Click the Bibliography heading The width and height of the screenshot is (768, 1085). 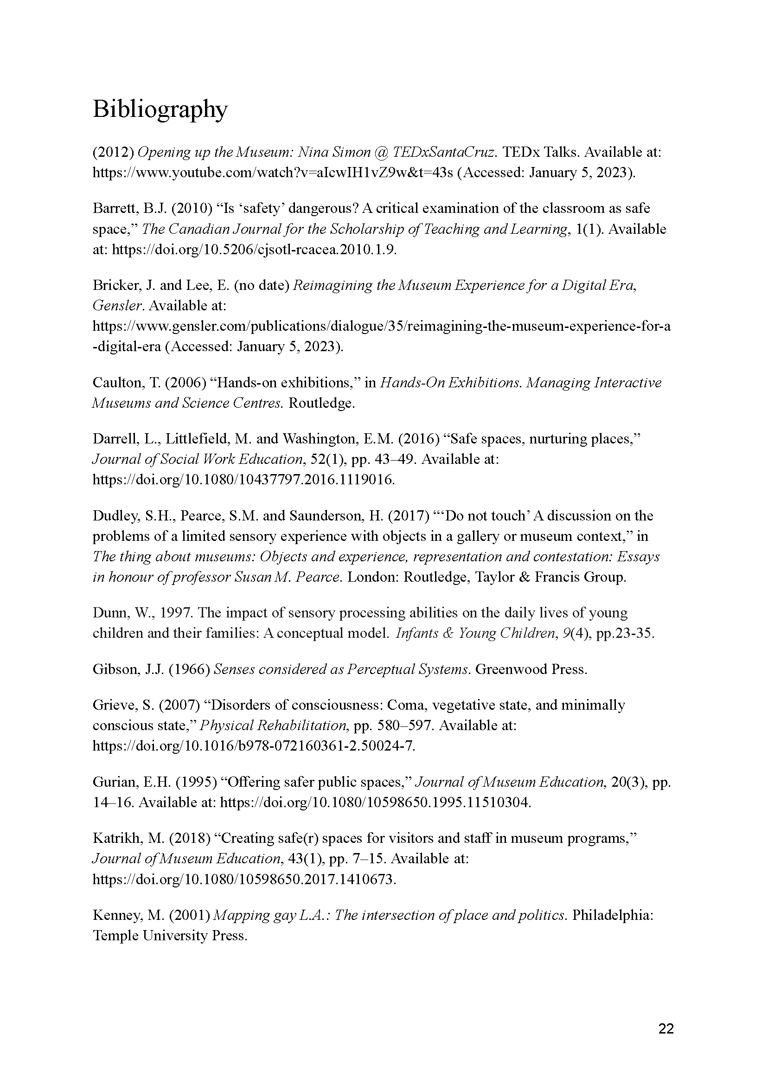click(x=160, y=110)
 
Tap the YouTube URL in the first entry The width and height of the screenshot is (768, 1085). click(x=272, y=173)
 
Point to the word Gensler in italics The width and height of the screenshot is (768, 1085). click(x=117, y=306)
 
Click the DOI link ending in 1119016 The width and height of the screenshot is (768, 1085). click(x=243, y=480)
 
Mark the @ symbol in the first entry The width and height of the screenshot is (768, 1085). click(x=382, y=152)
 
